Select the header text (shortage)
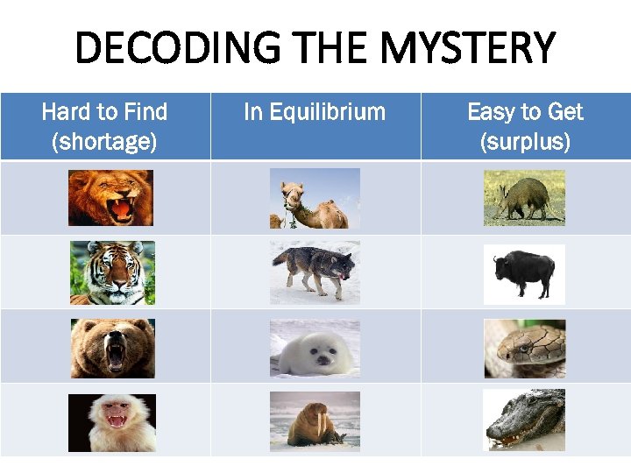pyautogui.click(x=104, y=141)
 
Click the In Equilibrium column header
pyautogui.click(x=315, y=112)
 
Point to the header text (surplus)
pyautogui.click(x=525, y=141)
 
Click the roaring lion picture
pyautogui.click(x=110, y=198)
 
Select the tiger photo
pyautogui.click(x=112, y=272)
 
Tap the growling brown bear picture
pyautogui.click(x=112, y=348)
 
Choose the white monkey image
pyautogui.click(x=112, y=422)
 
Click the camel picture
pyautogui.click(x=315, y=198)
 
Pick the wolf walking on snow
pyautogui.click(x=315, y=272)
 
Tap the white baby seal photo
pyautogui.click(x=315, y=348)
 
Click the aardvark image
pyautogui.click(x=524, y=198)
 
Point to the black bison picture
pyautogui.click(x=524, y=272)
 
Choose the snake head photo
pyautogui.click(x=524, y=348)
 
